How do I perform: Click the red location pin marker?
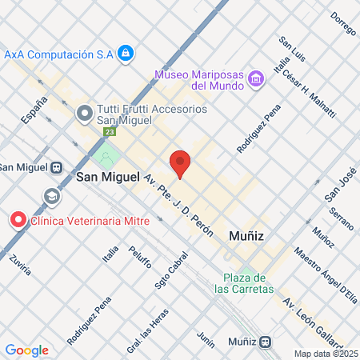(x=180, y=163)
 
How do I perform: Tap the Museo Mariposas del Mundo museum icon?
(x=256, y=78)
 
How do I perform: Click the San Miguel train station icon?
(x=56, y=167)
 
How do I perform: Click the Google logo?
(x=26, y=350)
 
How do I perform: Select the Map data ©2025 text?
(x=326, y=354)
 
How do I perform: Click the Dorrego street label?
(x=342, y=25)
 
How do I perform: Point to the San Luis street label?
(x=292, y=50)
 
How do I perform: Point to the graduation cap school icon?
(x=52, y=195)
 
